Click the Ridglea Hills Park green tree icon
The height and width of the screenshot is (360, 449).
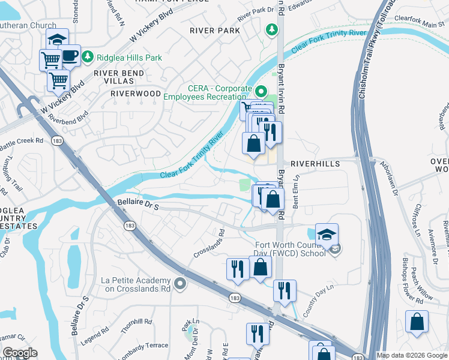(88, 56)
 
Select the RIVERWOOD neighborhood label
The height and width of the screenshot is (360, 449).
(136, 94)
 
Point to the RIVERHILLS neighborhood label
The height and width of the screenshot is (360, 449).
(315, 163)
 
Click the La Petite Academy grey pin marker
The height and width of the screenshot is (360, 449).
(179, 283)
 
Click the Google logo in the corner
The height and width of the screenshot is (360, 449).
(20, 353)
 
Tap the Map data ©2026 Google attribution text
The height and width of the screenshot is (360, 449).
(412, 355)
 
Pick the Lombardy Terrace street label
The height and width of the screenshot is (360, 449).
(144, 346)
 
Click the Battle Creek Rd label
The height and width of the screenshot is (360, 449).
(22, 142)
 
